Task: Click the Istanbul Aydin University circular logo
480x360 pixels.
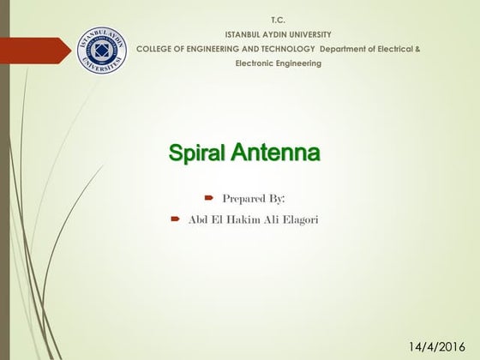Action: [103, 52]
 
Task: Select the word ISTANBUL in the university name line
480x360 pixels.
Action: [231, 33]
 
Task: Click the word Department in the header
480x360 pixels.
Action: [344, 49]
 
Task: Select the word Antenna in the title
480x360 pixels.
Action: [275, 154]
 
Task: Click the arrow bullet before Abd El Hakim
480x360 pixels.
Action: [174, 219]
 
